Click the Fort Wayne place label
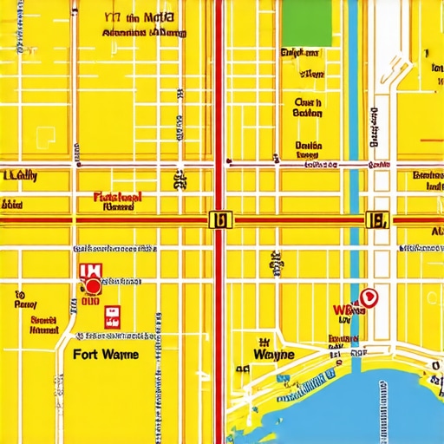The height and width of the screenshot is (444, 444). (105, 354)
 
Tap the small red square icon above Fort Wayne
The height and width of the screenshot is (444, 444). (111, 316)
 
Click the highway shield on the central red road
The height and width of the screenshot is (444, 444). (220, 220)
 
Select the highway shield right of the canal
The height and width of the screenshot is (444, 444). (377, 220)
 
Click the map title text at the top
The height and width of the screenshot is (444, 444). (143, 25)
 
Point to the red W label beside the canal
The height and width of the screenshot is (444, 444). (343, 309)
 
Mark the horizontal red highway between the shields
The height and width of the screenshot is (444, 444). (295, 221)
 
